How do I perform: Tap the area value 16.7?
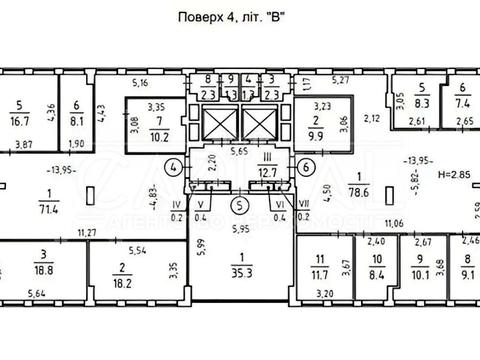click(19, 117)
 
